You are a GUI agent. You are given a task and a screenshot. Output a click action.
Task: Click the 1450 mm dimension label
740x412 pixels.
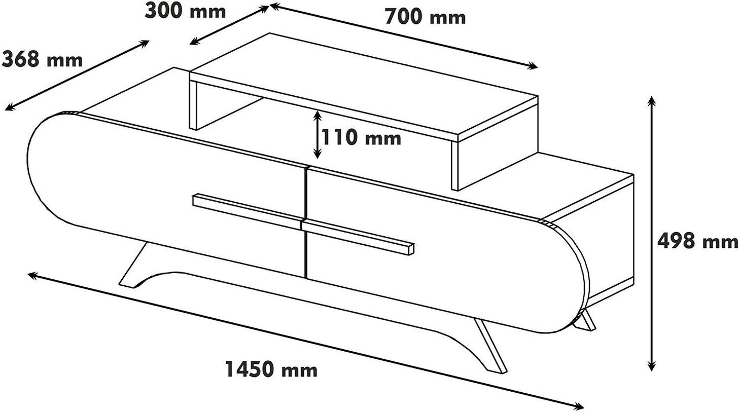pyautogui.click(x=271, y=369)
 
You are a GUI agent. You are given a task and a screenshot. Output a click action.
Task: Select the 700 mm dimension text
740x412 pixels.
pyautogui.click(x=425, y=17)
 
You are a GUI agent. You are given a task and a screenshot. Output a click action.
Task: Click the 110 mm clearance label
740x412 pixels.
pyautogui.click(x=361, y=137)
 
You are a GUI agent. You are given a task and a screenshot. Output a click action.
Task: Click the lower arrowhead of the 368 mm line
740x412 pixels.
pyautogui.click(x=10, y=106)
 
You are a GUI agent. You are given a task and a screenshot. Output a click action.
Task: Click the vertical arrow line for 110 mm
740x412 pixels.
pyautogui.click(x=317, y=135)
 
